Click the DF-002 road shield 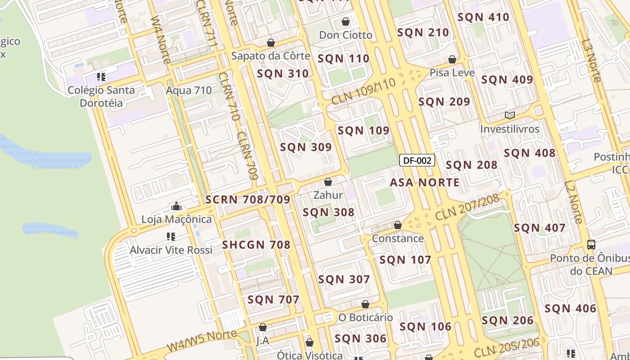click(x=417, y=161)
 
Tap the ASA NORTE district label click(x=424, y=182)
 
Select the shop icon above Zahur click(x=328, y=182)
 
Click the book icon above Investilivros click(x=509, y=116)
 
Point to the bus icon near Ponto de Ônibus click(x=591, y=245)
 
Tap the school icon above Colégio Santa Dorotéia click(x=101, y=77)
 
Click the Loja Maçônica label click(x=176, y=220)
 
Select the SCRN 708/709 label click(x=247, y=199)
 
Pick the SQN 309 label click(x=306, y=147)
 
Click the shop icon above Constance click(x=397, y=225)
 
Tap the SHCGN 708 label click(x=256, y=245)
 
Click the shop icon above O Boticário click(x=365, y=305)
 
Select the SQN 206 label click(x=507, y=321)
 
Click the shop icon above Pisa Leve click(x=452, y=60)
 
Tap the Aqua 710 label click(x=189, y=90)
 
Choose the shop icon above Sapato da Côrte click(x=271, y=43)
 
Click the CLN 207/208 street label click(x=467, y=207)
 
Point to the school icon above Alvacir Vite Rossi click(x=171, y=237)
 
